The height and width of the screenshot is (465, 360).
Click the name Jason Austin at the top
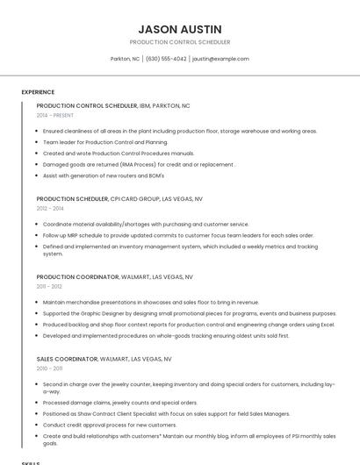click(x=179, y=29)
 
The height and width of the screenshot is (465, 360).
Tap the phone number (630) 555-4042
click(x=166, y=59)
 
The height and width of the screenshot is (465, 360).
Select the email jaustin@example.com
click(x=220, y=59)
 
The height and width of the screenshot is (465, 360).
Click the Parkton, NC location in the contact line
click(x=125, y=59)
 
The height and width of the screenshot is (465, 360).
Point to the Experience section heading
click(x=38, y=92)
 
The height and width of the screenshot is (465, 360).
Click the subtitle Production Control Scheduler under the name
click(x=179, y=42)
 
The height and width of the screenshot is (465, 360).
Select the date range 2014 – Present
click(x=55, y=115)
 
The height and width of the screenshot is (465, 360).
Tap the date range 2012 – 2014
click(x=50, y=209)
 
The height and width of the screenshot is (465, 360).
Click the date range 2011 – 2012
click(x=49, y=286)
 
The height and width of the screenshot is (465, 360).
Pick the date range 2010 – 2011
click(x=49, y=368)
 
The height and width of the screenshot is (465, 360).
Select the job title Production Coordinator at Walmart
click(x=77, y=276)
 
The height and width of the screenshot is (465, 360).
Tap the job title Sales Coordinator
click(x=66, y=359)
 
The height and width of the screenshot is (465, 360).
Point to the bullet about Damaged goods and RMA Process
click(x=138, y=164)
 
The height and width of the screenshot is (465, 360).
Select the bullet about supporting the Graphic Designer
click(x=189, y=313)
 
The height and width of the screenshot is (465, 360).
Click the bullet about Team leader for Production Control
click(x=104, y=142)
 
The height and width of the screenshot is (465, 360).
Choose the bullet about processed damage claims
click(x=119, y=404)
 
